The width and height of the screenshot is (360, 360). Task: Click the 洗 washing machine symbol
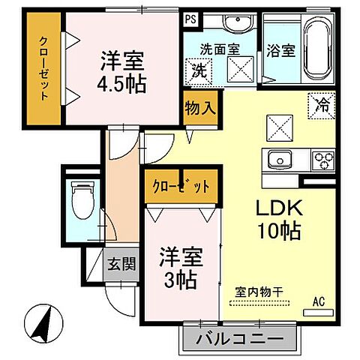click(x=199, y=72)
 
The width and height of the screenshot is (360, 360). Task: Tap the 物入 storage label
click(x=200, y=106)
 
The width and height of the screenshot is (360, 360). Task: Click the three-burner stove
click(x=322, y=160)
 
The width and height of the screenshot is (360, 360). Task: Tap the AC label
click(x=319, y=301)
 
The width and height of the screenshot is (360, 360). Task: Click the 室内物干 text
click(x=258, y=290)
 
